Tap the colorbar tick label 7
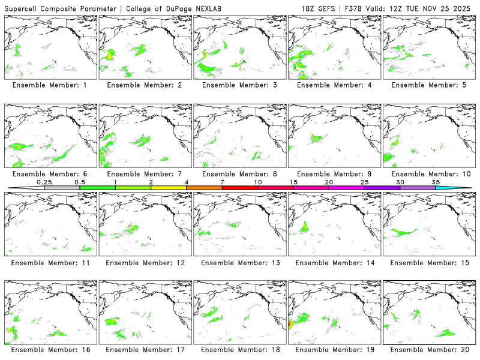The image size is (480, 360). [222, 182]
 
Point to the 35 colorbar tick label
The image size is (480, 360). [436, 182]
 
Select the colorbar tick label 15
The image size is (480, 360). [293, 182]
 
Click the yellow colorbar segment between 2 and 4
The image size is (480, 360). [169, 188]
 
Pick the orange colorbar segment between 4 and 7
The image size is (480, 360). [204, 188]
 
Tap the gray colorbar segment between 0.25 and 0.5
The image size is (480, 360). [62, 188]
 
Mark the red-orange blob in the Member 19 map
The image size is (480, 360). [291, 324]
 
